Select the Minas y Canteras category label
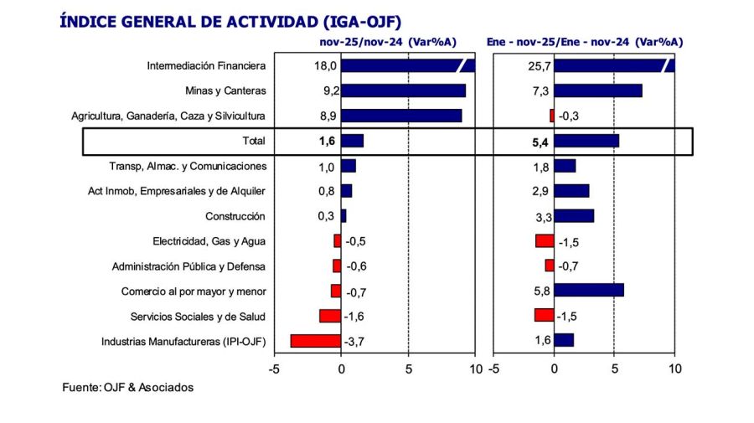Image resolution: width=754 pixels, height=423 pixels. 225,90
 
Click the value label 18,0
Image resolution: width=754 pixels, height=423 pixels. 325,65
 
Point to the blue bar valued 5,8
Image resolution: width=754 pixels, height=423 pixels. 589,291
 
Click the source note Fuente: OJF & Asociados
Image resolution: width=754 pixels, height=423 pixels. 128,387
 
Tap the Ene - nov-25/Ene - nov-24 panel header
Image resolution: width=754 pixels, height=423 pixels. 585,41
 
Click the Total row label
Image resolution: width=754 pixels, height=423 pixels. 254,141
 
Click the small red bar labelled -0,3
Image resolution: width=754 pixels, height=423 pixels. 552,116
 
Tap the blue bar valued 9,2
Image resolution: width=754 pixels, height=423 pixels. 403,90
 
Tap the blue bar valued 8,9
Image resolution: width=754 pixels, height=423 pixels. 401,116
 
